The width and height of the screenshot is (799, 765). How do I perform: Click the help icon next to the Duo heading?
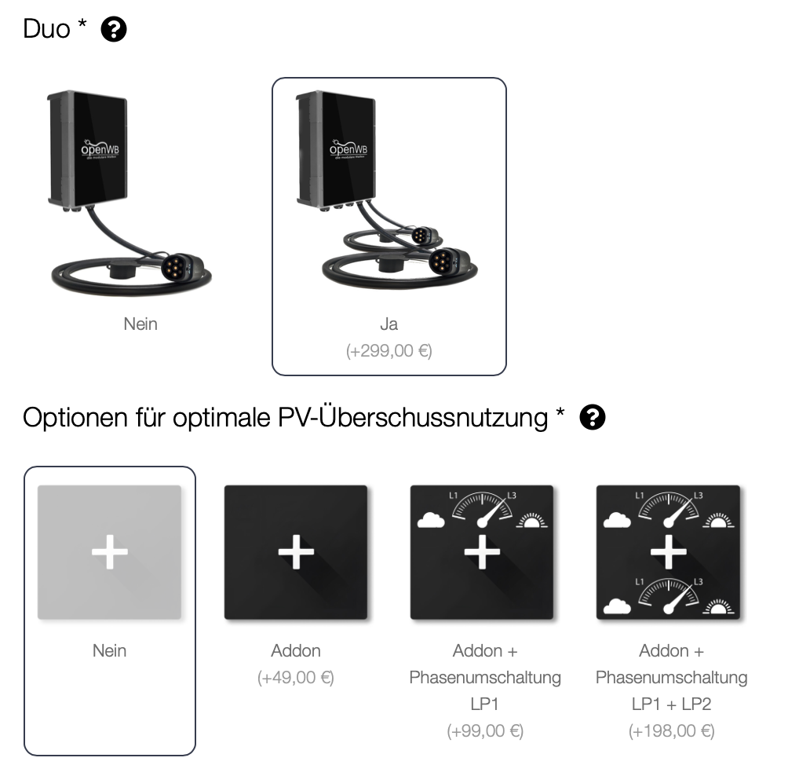point(115,30)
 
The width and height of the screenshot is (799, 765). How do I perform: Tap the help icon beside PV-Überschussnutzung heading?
point(593,418)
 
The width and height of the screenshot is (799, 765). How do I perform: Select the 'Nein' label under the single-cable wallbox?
point(140,324)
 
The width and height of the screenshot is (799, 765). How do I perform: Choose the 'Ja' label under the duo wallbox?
point(389,324)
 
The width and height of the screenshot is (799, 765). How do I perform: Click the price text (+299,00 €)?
point(389,351)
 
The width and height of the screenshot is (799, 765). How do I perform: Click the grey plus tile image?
point(110,552)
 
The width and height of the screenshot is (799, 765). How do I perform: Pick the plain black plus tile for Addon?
point(296,552)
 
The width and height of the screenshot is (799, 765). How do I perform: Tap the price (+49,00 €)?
point(296,677)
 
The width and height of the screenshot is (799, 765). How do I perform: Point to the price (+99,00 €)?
point(485,731)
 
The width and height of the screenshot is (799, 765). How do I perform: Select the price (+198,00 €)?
point(671,731)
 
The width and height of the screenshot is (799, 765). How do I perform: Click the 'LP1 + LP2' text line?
point(671,704)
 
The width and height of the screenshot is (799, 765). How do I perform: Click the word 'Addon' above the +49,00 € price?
point(296,650)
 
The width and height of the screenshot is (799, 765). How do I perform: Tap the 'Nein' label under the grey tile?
point(109,650)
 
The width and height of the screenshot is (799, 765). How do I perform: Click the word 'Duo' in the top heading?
point(47,30)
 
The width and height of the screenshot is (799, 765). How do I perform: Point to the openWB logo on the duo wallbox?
point(348,149)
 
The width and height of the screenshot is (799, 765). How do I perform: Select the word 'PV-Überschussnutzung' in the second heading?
point(413,418)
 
